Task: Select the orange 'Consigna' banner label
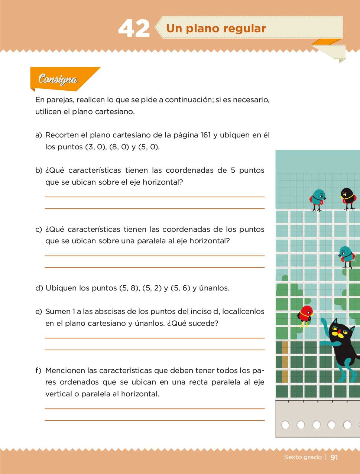(58, 79)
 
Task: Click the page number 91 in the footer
(334, 457)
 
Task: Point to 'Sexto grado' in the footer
(303, 457)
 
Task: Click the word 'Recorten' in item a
(62, 135)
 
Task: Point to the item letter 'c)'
(39, 230)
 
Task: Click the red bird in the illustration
(305, 315)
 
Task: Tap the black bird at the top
(348, 197)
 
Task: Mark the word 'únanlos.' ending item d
(214, 288)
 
